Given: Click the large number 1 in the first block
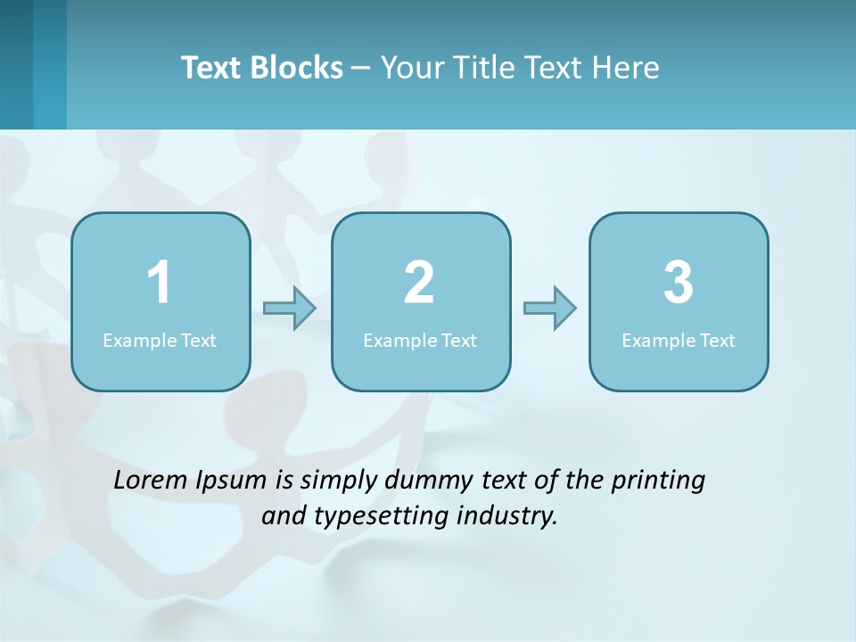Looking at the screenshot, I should (x=159, y=283).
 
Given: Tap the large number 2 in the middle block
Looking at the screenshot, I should (x=419, y=283).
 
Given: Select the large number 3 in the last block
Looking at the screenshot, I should (x=679, y=283).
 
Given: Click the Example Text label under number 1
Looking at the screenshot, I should (x=160, y=340).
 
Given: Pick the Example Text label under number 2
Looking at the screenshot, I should (x=420, y=340).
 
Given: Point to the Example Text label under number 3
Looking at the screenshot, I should (x=679, y=340).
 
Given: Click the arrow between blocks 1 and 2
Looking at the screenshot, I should (x=290, y=309).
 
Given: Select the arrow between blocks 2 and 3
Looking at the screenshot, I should (x=550, y=309).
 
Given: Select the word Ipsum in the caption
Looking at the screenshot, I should (x=231, y=481).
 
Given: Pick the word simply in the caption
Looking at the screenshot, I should (x=340, y=481).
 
